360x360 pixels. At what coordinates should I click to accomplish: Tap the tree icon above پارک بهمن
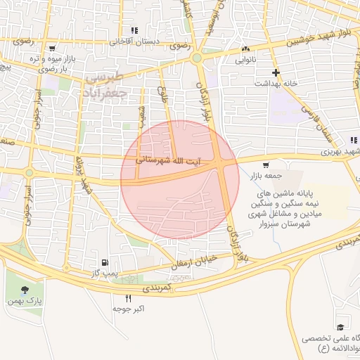[x=25, y=289]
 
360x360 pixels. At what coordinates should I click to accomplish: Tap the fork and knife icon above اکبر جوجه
[x=128, y=298]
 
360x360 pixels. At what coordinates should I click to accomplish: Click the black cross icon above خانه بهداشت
[x=276, y=72]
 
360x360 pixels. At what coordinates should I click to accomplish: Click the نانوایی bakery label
[x=245, y=60]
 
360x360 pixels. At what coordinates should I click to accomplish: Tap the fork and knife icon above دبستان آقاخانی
[x=134, y=31]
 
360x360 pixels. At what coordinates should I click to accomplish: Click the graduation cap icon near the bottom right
[x=340, y=327]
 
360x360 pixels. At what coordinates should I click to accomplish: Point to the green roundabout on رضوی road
[x=197, y=58]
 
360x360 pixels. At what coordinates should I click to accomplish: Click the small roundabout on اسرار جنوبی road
[x=29, y=173]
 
